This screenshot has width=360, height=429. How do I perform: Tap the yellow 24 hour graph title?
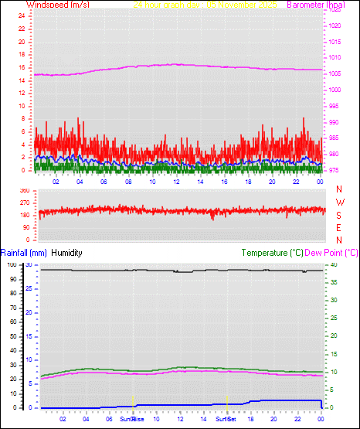pyautogui.click(x=205, y=5)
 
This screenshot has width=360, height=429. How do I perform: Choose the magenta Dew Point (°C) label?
pyautogui.click(x=332, y=253)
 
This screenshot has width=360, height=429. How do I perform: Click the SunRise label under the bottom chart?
pyautogui.click(x=131, y=419)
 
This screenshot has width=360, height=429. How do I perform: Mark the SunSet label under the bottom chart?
pyautogui.click(x=226, y=419)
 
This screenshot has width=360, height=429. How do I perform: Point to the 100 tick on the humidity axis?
pyautogui.click(x=10, y=265)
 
